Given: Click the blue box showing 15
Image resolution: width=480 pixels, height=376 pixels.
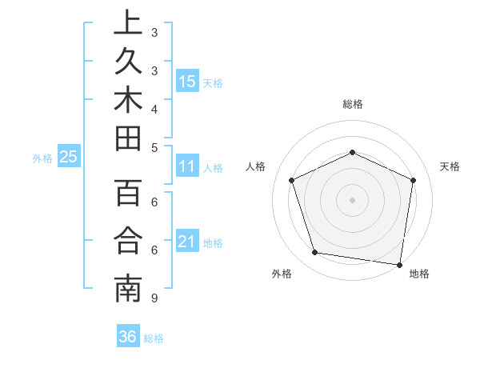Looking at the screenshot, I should point(187,82).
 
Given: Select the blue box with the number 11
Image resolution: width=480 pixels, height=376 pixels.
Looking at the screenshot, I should point(187,167).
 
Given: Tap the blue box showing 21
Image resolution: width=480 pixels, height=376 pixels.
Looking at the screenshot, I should point(187,242).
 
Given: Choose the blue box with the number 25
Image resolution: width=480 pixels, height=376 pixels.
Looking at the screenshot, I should point(68,158).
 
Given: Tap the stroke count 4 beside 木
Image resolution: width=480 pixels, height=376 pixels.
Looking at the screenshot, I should point(154,108).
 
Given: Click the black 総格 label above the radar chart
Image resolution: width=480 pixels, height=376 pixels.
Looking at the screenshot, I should point(352,104).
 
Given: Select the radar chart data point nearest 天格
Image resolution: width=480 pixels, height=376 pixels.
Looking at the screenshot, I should point(413,180).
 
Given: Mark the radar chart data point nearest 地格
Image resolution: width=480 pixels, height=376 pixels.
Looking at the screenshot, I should point(400,264).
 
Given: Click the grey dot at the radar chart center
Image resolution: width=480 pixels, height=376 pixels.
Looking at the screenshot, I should point(352,199).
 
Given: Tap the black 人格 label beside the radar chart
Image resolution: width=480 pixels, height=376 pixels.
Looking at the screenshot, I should point(255,166).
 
